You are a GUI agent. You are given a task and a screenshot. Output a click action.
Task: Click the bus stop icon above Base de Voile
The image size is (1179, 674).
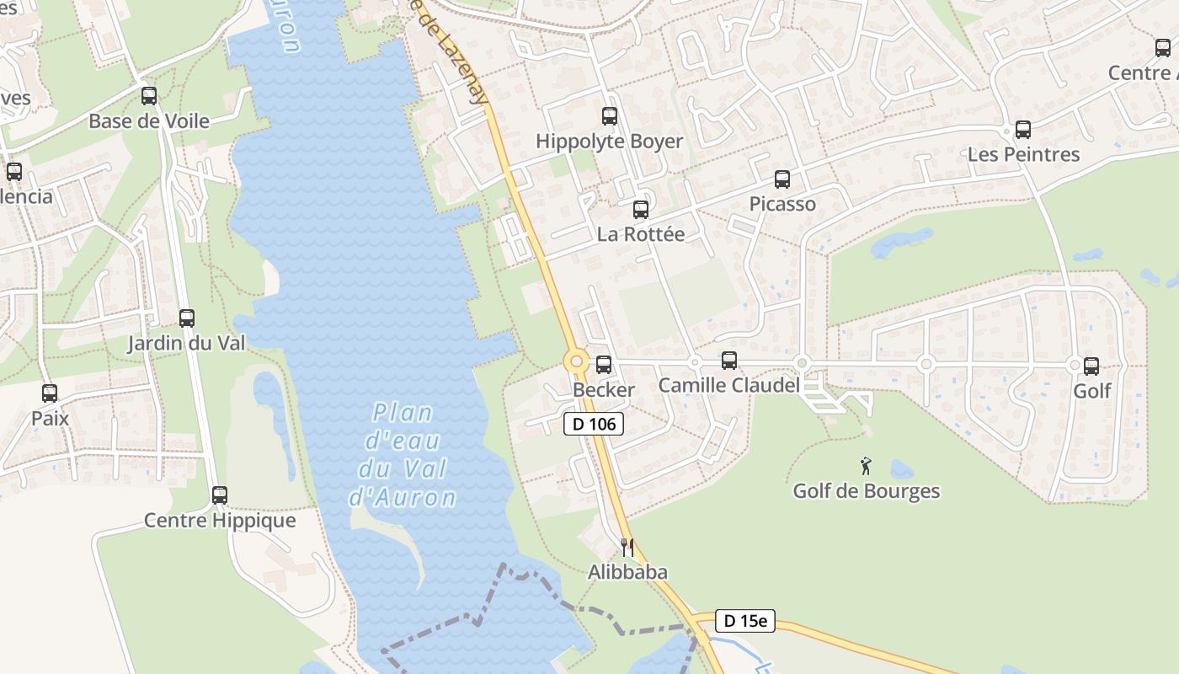(149, 96)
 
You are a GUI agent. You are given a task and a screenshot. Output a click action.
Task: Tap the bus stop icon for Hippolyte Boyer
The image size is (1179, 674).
(610, 116)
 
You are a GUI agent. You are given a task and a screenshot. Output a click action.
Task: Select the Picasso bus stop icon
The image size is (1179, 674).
(782, 179)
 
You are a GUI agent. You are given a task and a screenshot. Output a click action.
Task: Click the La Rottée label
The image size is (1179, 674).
(640, 234)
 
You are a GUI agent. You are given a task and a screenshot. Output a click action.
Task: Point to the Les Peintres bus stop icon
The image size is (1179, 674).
(1023, 130)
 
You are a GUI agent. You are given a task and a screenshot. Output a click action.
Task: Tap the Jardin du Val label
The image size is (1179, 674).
(186, 343)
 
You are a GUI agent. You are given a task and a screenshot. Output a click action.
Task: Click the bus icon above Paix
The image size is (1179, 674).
(50, 393)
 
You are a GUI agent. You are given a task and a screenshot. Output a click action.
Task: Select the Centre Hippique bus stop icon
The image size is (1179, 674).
(220, 495)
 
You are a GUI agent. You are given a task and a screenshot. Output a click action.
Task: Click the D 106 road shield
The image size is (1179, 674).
(594, 424)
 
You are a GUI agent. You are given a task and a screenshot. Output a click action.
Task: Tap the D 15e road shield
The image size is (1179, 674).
(744, 621)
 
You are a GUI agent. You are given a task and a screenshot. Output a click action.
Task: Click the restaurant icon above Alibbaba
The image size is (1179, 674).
(627, 548)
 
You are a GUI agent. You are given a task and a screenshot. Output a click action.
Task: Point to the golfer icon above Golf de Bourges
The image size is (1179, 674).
(866, 466)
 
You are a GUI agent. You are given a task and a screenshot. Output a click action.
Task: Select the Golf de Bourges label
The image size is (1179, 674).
(867, 490)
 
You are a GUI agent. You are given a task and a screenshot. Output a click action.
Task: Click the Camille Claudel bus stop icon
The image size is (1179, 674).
(729, 361)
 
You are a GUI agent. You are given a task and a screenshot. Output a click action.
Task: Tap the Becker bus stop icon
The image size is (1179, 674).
(604, 365)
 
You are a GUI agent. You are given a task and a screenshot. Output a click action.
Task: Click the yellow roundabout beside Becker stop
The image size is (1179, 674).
(577, 362)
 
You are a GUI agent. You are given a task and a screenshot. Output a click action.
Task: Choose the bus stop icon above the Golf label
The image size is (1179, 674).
(1091, 366)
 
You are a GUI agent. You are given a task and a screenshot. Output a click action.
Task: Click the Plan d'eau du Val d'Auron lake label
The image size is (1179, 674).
(403, 455)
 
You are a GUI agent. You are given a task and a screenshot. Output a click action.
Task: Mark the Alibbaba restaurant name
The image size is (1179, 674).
(627, 572)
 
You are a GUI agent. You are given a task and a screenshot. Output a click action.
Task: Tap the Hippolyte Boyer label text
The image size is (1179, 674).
(609, 141)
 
